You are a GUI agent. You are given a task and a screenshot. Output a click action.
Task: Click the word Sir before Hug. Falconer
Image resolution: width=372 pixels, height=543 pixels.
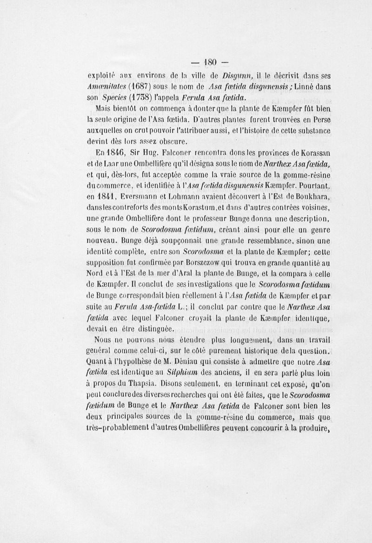coord(135,152)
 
